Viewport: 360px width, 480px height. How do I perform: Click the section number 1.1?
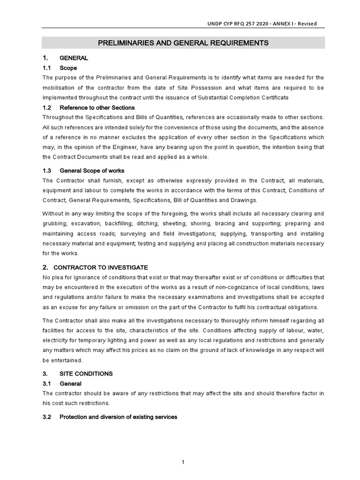(47, 68)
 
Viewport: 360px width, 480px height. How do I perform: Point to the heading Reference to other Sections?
(97, 107)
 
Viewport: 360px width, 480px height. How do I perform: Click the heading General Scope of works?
(92, 170)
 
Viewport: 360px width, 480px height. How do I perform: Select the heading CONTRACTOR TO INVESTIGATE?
(101, 267)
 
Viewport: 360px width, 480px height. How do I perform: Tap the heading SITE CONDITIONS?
(86, 374)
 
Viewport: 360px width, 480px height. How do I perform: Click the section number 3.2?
(47, 417)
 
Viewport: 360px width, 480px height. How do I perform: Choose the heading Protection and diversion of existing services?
(118, 417)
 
